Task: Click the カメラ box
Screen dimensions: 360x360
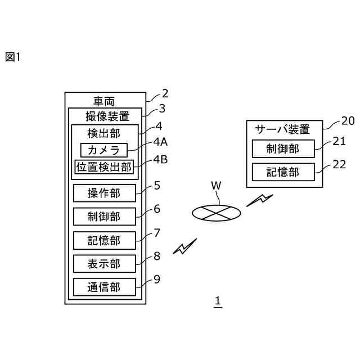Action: pos(103,150)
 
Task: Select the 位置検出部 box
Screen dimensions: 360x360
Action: pos(104,167)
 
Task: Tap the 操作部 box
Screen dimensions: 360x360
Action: pos(105,193)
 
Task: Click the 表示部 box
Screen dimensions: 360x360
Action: pos(105,264)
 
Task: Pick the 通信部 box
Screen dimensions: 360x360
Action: pos(105,287)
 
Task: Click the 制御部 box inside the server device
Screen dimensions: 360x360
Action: pos(283,148)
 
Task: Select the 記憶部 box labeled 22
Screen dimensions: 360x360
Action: pos(283,172)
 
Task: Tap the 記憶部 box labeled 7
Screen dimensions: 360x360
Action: pos(105,240)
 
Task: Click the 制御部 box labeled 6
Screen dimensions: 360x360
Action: pos(105,217)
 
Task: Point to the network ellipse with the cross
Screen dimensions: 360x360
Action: pos(216,213)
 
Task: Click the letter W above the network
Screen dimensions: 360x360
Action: pos(216,186)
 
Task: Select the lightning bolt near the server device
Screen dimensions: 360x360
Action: pos(260,200)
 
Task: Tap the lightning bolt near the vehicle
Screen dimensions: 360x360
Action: pos(185,246)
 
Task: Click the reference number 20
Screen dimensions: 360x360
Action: pos(348,121)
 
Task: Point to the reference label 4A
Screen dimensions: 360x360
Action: pos(160,142)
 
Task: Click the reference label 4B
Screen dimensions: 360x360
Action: pos(160,159)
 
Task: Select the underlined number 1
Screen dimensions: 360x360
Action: pos(218,301)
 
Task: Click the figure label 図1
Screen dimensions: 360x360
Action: pos(13,57)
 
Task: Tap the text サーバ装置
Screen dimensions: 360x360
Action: pos(282,129)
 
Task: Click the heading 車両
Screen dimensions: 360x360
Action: pos(103,101)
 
